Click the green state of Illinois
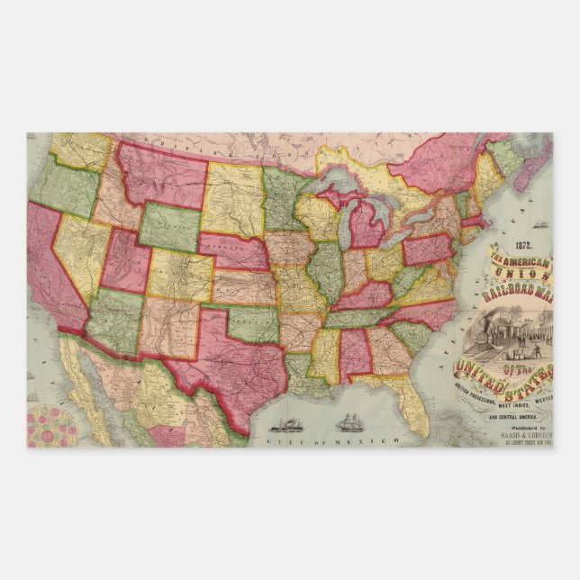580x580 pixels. click(330, 270)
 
